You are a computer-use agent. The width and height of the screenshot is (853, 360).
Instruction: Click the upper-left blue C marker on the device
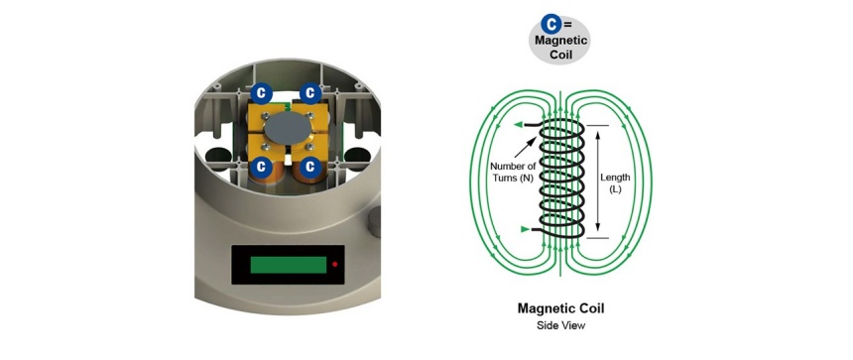(261, 93)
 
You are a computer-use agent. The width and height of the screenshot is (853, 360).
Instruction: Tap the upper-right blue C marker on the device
(310, 93)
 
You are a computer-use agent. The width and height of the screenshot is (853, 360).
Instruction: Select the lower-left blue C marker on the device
(261, 167)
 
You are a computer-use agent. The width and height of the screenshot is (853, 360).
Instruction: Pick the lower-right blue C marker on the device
(310, 167)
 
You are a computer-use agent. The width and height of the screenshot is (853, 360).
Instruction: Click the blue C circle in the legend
(551, 25)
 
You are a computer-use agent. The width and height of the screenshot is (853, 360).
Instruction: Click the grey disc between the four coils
(287, 129)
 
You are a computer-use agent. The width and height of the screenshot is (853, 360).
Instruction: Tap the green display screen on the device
(289, 265)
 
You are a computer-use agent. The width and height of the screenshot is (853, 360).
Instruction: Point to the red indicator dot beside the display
(334, 264)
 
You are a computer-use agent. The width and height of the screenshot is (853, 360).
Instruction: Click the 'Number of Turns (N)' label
(512, 172)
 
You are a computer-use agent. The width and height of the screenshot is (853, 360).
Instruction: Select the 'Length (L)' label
(615, 182)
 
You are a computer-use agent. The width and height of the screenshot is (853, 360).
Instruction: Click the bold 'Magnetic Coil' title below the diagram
(560, 308)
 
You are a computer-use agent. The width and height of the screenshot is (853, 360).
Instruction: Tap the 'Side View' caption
(560, 325)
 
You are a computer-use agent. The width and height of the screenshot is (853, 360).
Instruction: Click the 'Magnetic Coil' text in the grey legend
(560, 48)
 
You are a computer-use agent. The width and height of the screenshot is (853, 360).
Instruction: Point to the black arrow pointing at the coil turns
(527, 148)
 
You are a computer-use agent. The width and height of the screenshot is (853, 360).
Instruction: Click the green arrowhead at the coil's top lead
(518, 125)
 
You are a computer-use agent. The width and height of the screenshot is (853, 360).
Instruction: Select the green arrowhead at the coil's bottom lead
(525, 229)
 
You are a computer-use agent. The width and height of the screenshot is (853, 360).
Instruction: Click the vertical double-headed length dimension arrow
(598, 182)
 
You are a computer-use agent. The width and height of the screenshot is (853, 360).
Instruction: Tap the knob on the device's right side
(374, 222)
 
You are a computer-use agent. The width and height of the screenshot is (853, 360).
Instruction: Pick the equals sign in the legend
(568, 25)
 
